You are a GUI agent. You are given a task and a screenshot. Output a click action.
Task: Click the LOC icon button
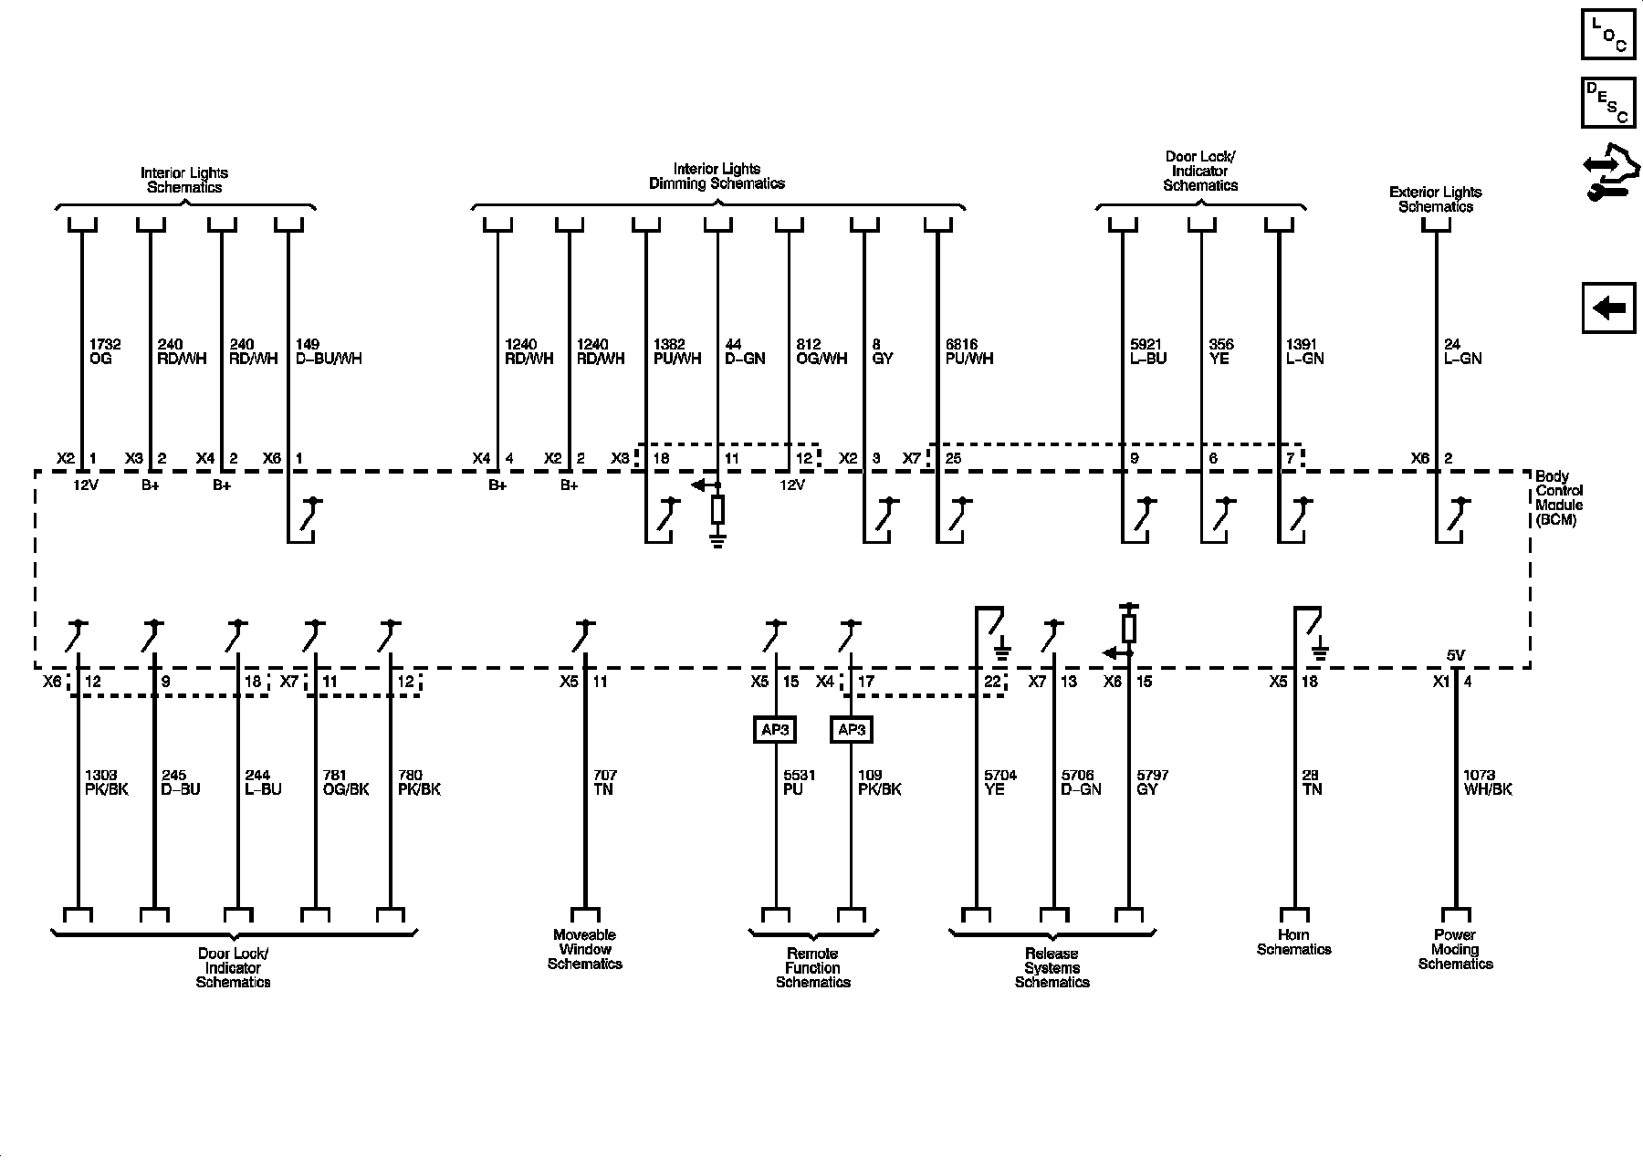(1608, 35)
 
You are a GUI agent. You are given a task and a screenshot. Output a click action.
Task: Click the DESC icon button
(1608, 102)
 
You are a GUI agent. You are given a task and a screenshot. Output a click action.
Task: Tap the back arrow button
(1608, 308)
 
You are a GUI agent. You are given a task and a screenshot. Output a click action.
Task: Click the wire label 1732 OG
(104, 351)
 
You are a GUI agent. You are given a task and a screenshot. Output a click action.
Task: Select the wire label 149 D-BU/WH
(329, 351)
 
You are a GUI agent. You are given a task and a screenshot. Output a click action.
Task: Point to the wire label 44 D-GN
(744, 351)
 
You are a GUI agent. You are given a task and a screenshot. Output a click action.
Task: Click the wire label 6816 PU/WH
(968, 351)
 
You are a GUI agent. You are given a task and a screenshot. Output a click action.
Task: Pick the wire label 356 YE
(1220, 351)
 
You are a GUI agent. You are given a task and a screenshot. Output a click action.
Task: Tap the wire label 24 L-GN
(1462, 351)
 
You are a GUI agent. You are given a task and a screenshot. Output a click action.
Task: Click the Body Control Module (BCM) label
(1558, 498)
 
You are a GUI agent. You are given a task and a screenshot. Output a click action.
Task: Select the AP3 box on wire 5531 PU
(775, 730)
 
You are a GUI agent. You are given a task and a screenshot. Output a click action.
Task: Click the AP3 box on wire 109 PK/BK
(851, 730)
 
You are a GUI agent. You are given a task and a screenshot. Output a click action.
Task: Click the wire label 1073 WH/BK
(1487, 782)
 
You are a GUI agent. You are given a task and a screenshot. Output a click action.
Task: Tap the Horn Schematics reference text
(1293, 942)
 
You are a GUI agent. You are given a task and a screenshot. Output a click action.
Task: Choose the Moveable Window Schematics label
(585, 949)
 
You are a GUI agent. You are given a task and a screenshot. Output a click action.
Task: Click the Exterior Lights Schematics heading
(1435, 199)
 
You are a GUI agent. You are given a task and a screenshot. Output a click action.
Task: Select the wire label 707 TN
(602, 782)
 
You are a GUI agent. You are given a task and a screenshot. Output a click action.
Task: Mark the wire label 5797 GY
(1152, 782)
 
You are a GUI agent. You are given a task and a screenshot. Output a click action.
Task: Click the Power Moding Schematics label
(1455, 949)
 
